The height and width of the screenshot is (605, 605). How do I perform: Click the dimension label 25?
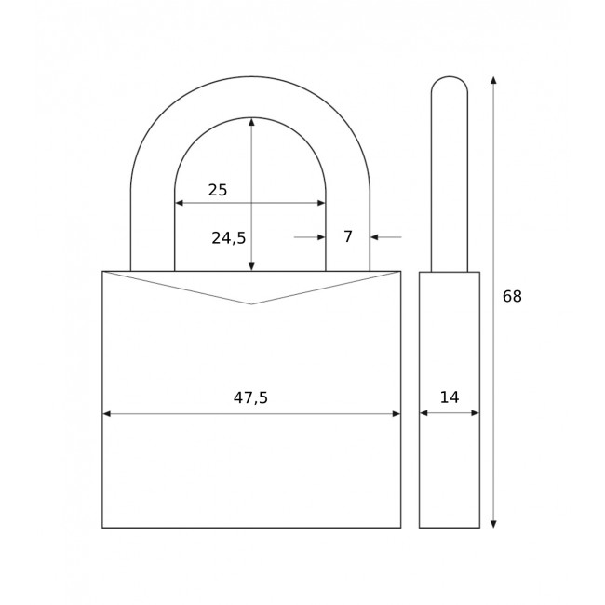tap(218, 190)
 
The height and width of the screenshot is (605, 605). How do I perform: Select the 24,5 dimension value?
tap(229, 238)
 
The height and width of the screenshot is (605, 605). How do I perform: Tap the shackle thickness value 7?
tap(348, 237)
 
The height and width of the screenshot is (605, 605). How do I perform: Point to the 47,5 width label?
tap(250, 398)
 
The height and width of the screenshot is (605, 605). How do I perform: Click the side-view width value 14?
tap(450, 397)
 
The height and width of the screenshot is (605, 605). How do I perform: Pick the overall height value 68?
tap(512, 297)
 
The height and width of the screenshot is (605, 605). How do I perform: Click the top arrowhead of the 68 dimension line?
tap(493, 81)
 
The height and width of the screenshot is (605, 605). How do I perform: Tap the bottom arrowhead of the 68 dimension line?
tap(493, 524)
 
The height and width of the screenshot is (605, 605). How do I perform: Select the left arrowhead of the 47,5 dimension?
tap(107, 413)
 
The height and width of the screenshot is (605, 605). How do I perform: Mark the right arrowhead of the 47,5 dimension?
tap(396, 413)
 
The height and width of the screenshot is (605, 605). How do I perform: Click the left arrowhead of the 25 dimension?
tap(180, 203)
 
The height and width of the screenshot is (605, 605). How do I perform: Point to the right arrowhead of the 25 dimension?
tap(321, 203)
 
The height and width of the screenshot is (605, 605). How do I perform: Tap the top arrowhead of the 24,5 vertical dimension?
tap(251, 122)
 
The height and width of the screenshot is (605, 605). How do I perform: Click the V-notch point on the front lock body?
tap(251, 304)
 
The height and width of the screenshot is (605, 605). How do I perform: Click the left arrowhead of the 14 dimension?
tap(423, 412)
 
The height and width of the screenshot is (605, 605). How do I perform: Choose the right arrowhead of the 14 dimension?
tap(475, 412)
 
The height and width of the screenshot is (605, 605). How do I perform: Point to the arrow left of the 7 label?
tap(320, 237)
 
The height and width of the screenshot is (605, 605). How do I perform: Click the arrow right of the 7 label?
tap(375, 237)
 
